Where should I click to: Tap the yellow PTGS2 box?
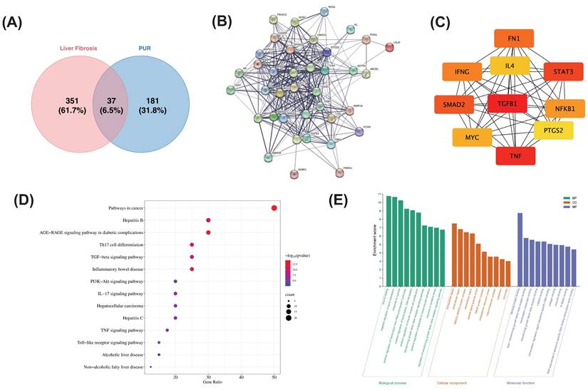tap(553, 129)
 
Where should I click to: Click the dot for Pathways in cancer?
tap(274, 207)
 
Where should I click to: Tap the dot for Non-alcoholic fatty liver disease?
tap(150, 366)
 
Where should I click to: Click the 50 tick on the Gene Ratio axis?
tap(274, 376)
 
